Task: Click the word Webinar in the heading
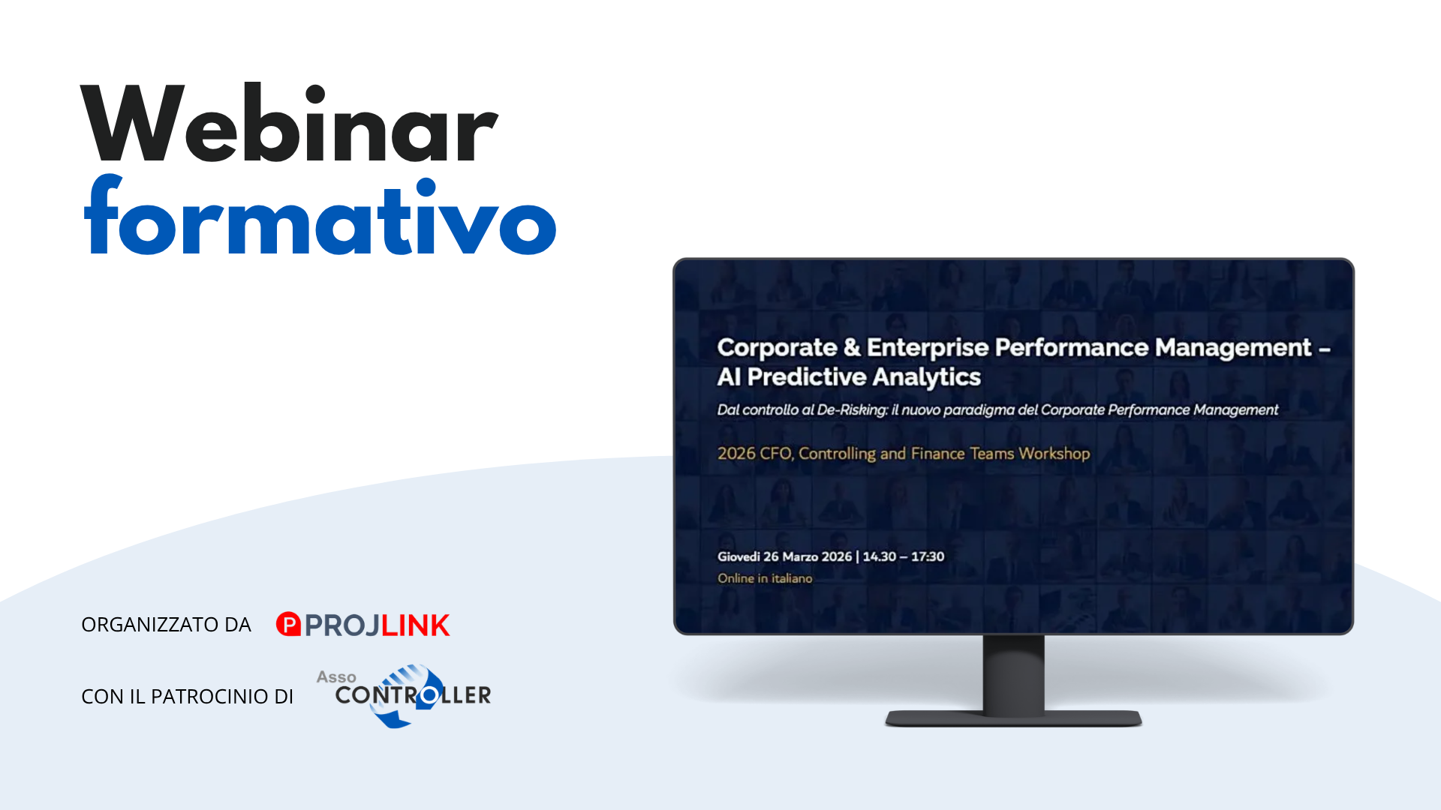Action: (x=289, y=124)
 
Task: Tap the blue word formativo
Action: (x=320, y=216)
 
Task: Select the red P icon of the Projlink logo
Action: (x=288, y=624)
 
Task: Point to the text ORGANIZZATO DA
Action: (x=166, y=625)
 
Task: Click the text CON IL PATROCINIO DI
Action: (x=187, y=697)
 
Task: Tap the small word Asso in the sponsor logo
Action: (x=336, y=677)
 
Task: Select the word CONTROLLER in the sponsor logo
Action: (x=413, y=696)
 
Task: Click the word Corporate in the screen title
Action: (x=777, y=349)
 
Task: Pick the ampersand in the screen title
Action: (x=852, y=347)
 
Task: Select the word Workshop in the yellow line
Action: (x=1054, y=454)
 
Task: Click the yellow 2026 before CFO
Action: (x=736, y=454)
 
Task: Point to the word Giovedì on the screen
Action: (x=739, y=556)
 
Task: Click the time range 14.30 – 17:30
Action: (x=904, y=556)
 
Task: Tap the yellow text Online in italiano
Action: (x=765, y=578)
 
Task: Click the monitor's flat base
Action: (x=1013, y=718)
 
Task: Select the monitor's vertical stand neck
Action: (x=1013, y=673)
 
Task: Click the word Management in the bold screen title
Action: (x=1233, y=349)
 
